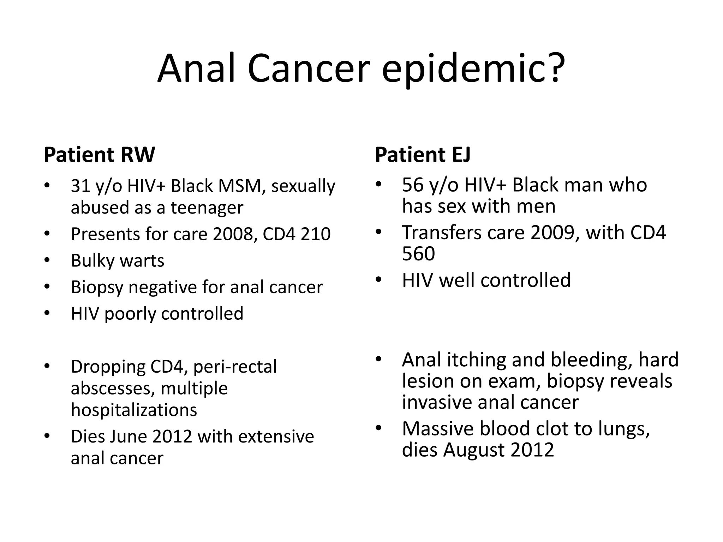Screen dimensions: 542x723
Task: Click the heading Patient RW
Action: coord(99,155)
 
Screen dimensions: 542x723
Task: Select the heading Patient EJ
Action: coord(423,155)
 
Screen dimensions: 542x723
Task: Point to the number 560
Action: coord(418,254)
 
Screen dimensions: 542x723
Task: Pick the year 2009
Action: coord(555,233)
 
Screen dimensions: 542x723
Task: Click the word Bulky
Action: coord(93,261)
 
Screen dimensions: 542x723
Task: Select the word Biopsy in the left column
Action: coord(97,288)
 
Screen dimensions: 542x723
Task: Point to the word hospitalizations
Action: coord(134,410)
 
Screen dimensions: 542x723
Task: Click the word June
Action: coord(129,436)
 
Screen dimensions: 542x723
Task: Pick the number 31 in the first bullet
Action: coord(80,186)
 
